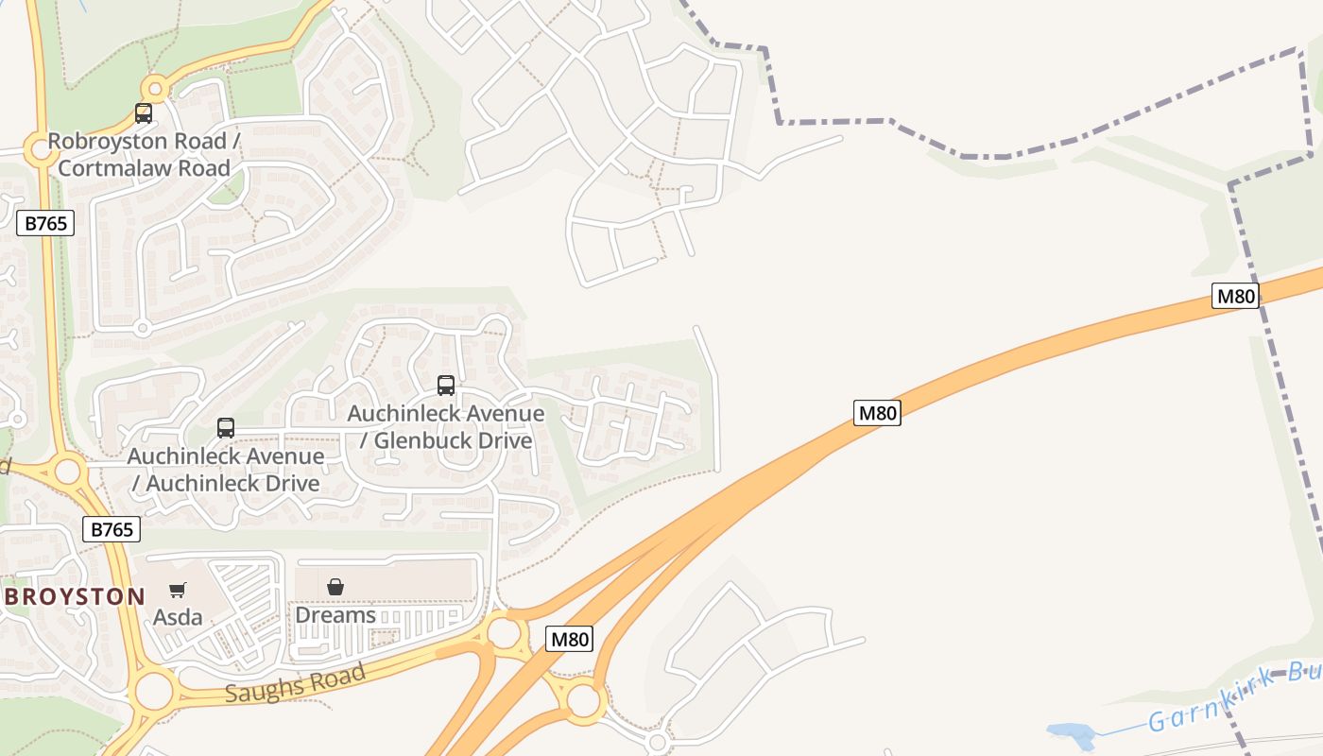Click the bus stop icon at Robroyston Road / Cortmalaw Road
(144, 113)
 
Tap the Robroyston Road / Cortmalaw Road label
(144, 155)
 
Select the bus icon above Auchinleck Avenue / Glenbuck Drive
(446, 385)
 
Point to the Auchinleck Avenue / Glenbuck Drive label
(445, 427)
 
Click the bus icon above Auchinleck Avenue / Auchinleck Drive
(225, 427)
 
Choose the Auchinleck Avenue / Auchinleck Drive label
(226, 470)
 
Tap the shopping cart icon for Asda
(177, 591)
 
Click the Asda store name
(178, 617)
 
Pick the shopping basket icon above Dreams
(335, 587)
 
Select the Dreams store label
(335, 615)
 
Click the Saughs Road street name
(295, 682)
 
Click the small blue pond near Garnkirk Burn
(1071, 733)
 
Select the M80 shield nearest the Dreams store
(570, 639)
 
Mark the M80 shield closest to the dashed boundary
(1235, 296)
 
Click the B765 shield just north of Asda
(112, 529)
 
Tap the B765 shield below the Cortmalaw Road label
(45, 224)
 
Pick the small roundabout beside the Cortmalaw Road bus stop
(155, 90)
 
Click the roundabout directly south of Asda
(154, 691)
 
